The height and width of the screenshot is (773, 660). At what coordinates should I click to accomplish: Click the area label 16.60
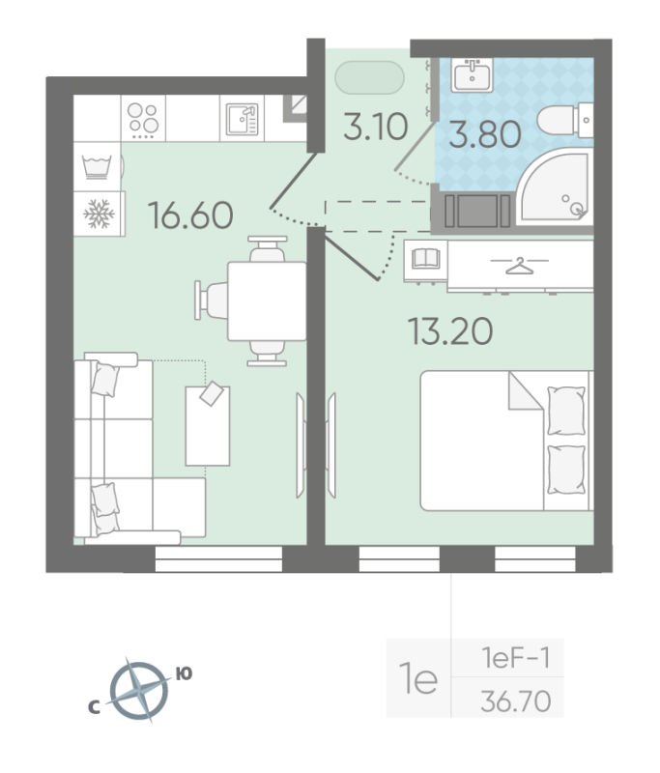[191, 214]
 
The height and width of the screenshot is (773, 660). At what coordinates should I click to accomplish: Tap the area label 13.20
[450, 331]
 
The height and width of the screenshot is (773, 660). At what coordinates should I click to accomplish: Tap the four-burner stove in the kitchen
[144, 120]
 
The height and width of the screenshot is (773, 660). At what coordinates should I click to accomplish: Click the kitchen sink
[243, 120]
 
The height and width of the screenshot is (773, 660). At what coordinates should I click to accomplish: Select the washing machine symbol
[97, 165]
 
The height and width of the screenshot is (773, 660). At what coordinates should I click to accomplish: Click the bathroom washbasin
[473, 74]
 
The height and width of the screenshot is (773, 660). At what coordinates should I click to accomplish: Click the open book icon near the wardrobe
[426, 259]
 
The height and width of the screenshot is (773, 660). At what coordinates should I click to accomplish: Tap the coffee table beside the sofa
[209, 424]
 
